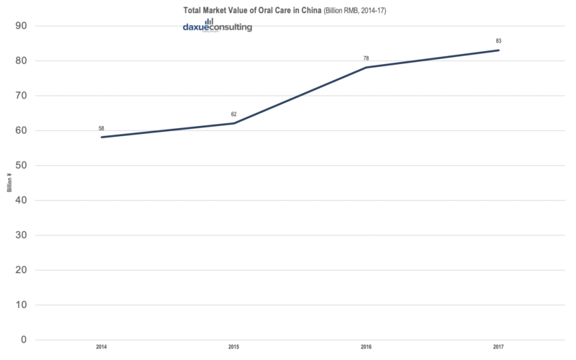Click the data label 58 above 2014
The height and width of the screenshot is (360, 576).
(x=102, y=129)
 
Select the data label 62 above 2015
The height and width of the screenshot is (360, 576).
(x=234, y=115)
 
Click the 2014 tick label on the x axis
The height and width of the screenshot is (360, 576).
(x=102, y=348)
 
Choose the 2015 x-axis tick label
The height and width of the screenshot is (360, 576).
(x=234, y=348)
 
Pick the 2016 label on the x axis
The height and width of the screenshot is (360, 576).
(x=366, y=348)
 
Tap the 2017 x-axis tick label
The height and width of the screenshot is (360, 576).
(x=498, y=348)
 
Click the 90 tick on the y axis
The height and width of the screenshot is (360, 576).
(x=22, y=26)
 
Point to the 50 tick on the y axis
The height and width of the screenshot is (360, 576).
(x=22, y=166)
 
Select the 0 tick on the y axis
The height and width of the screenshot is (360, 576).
(x=26, y=340)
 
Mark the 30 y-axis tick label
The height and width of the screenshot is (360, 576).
(x=22, y=235)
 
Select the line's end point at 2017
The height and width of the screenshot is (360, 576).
(x=498, y=50)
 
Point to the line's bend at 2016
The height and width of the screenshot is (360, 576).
(x=366, y=68)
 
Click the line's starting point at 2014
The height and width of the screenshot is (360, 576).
(x=102, y=137)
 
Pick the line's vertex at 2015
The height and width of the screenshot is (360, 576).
(x=234, y=123)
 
